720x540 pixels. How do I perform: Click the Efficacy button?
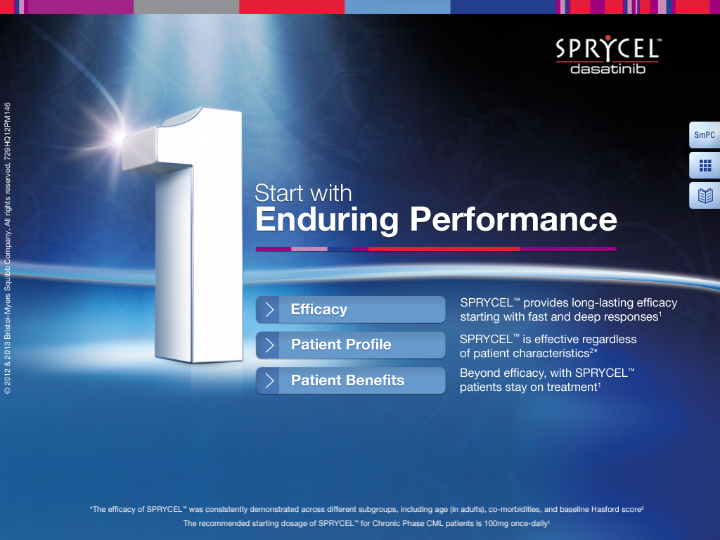tap(350, 309)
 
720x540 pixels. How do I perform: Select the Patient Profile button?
tap(350, 345)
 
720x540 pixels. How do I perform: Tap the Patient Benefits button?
tap(350, 380)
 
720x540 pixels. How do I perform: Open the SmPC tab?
tap(705, 135)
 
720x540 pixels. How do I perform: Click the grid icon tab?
tap(705, 165)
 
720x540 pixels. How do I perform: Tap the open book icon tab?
tap(705, 195)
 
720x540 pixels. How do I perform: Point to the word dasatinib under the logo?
tap(608, 69)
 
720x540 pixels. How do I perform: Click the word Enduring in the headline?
tap(327, 219)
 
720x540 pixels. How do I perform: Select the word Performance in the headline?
tap(513, 219)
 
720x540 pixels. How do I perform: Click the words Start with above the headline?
tap(303, 193)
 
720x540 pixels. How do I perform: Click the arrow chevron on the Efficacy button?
tap(269, 309)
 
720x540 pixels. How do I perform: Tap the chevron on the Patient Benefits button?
tap(269, 380)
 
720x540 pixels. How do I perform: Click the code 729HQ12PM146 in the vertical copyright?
tap(7, 131)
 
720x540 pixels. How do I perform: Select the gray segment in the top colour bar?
tap(186, 7)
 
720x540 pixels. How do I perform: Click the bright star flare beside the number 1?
tap(120, 136)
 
